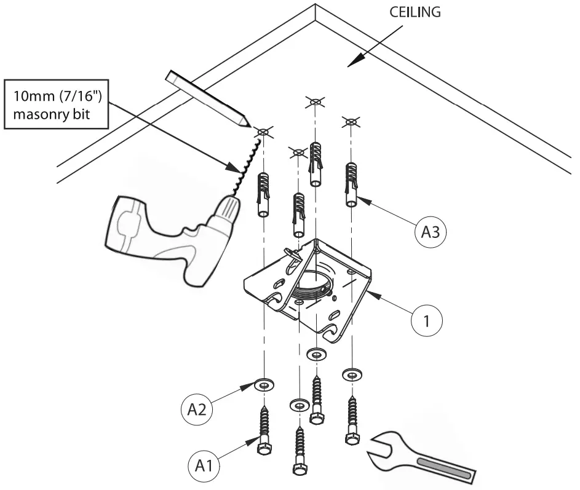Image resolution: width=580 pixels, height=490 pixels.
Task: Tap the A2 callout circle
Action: click(194, 409)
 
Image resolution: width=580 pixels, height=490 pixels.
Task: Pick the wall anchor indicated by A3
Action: click(351, 184)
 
